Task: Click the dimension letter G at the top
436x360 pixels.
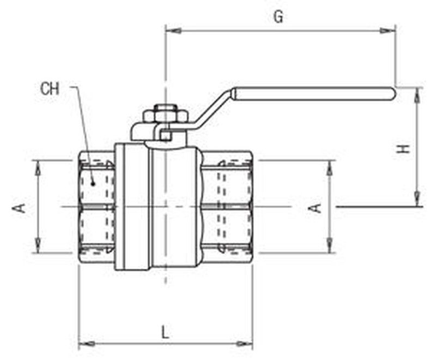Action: (x=278, y=17)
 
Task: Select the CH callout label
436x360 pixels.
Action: (x=50, y=89)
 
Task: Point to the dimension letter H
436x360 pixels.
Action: (x=403, y=148)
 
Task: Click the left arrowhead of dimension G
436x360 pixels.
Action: (x=173, y=31)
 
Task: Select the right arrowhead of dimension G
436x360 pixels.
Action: (x=387, y=31)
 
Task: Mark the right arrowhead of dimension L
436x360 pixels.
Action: (x=244, y=344)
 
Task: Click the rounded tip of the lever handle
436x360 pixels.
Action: (x=392, y=94)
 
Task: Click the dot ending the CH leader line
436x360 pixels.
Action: (x=93, y=183)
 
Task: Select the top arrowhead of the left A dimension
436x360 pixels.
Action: (x=38, y=169)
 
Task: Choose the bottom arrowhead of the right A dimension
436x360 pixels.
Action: (x=330, y=245)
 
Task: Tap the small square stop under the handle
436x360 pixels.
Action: (x=166, y=136)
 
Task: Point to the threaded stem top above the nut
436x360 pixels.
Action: (x=166, y=107)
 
